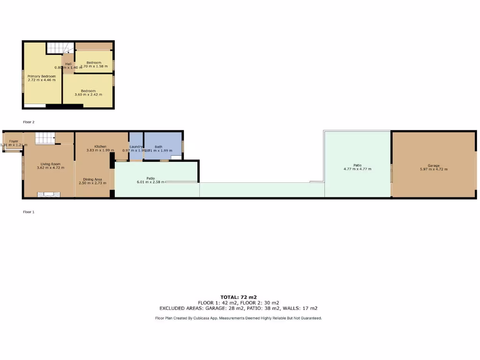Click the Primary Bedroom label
point(41,76)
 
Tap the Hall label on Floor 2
point(68,64)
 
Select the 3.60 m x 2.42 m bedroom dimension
point(88,95)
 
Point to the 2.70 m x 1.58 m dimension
point(94,67)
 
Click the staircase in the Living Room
point(45,138)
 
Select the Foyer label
point(13,141)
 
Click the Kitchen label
point(101,146)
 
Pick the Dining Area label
point(92,179)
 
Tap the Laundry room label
point(136,147)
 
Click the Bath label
point(158,147)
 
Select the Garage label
point(434,165)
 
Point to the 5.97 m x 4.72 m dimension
point(434,169)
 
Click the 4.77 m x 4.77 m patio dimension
point(357,169)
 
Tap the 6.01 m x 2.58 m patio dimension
point(150,182)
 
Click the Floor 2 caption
point(29,122)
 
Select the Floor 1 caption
point(29,212)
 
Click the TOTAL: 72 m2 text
point(239,297)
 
